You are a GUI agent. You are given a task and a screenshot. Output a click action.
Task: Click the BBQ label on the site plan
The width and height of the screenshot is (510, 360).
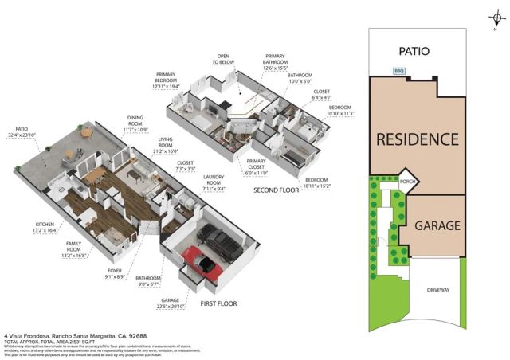point(399,72)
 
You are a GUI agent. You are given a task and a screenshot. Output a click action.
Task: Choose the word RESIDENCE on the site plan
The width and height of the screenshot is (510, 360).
point(418,139)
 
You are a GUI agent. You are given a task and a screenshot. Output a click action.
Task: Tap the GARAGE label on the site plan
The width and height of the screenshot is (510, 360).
point(436,226)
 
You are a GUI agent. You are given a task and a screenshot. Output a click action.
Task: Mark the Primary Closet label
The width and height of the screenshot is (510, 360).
point(256,169)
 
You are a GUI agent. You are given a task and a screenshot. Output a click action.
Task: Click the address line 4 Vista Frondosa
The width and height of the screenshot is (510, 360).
point(70,336)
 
